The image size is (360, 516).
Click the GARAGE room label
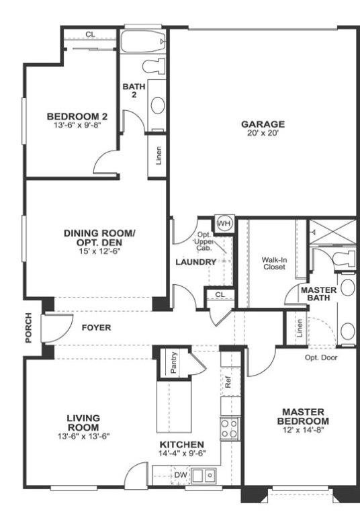pos(263,124)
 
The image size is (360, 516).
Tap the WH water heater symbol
pos(224,223)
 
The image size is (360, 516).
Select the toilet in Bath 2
pos(155,65)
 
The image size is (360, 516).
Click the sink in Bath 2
pos(158,105)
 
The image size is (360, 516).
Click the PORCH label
pos(29,327)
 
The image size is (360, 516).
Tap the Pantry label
pos(174,362)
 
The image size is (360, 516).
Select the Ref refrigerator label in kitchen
pos(228,383)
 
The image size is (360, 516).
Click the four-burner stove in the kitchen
pos(229,428)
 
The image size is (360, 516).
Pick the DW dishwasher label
pos(180,476)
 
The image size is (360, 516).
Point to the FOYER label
pos(96,328)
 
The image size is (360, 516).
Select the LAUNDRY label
pos(195,262)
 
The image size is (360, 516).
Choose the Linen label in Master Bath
pos(298,329)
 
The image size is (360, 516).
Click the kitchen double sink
pos(202,476)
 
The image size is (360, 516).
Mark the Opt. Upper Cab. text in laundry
pos(203,241)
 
